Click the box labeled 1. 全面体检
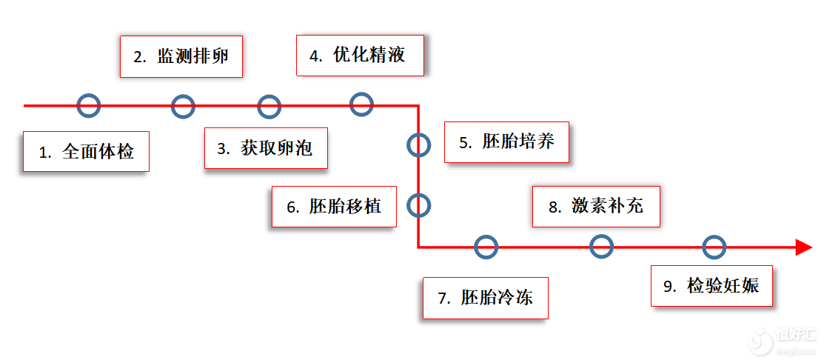pyautogui.click(x=86, y=152)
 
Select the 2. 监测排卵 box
pyautogui.click(x=181, y=57)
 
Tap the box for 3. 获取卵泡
pyautogui.click(x=266, y=148)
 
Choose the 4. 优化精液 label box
pyautogui.click(x=360, y=55)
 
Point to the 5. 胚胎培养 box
pyautogui.click(x=506, y=142)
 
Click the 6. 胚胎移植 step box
pyautogui.click(x=334, y=207)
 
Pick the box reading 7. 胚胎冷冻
pyautogui.click(x=485, y=298)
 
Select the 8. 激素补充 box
pyautogui.click(x=596, y=207)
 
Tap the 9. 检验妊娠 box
pyautogui.click(x=711, y=286)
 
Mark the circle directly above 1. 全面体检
pyautogui.click(x=88, y=105)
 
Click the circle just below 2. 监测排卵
pyautogui.click(x=183, y=106)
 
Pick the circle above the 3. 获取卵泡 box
pyautogui.click(x=269, y=106)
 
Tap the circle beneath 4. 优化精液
pyautogui.click(x=361, y=104)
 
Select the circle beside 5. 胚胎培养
pyautogui.click(x=418, y=144)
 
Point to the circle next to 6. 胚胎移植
pyautogui.click(x=418, y=204)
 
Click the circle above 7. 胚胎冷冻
pyautogui.click(x=486, y=247)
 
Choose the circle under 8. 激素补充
pyautogui.click(x=601, y=246)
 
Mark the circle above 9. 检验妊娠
pyautogui.click(x=714, y=247)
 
